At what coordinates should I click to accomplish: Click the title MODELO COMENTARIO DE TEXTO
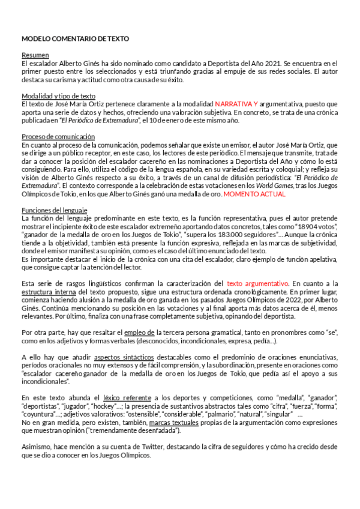[75, 38]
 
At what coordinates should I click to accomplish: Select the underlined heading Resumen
[35, 55]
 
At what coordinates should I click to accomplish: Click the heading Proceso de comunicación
[58, 136]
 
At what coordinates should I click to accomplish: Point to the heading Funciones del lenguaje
[54, 210]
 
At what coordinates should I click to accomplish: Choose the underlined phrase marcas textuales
[175, 423]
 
